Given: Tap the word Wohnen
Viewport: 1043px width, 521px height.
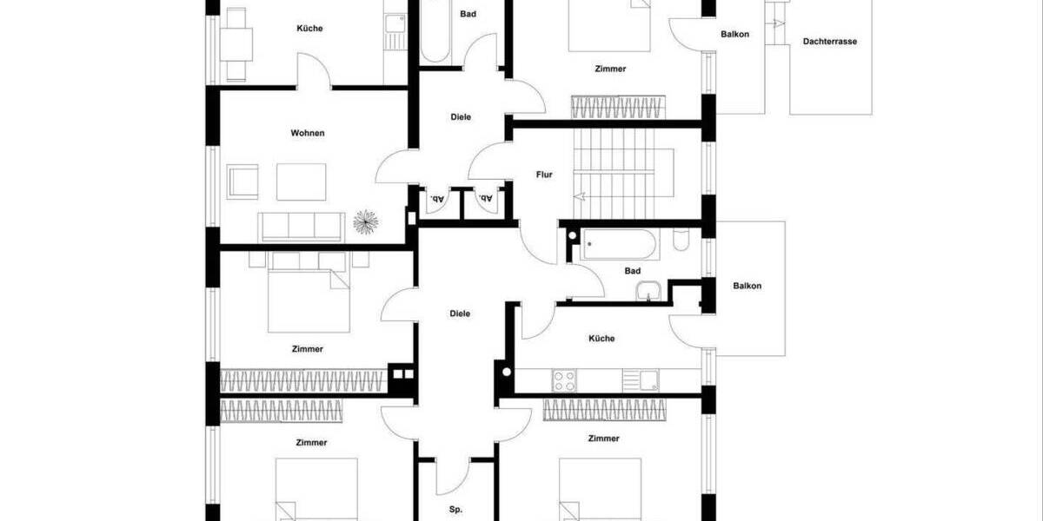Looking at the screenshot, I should pyautogui.click(x=308, y=133).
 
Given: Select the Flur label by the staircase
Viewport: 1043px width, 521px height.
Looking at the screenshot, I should pyautogui.click(x=544, y=175).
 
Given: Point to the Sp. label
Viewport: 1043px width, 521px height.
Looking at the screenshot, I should pyautogui.click(x=456, y=510).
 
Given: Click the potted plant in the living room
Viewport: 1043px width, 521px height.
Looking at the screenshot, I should pyautogui.click(x=366, y=224).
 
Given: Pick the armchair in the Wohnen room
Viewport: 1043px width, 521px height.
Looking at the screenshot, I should pyautogui.click(x=242, y=182).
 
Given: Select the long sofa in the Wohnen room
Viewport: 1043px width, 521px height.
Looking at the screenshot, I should pyautogui.click(x=300, y=227).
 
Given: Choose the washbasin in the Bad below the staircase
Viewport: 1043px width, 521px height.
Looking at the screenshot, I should pyautogui.click(x=648, y=292).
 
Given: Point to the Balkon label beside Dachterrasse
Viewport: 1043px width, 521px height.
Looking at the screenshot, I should pyautogui.click(x=735, y=35).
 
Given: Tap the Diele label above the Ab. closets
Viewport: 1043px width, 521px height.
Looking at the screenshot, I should pyautogui.click(x=461, y=116).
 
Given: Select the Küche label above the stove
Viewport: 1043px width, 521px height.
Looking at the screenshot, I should pyautogui.click(x=601, y=339).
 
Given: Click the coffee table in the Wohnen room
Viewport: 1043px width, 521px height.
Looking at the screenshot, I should pyautogui.click(x=302, y=181).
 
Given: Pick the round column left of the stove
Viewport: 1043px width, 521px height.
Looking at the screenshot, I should pyautogui.click(x=506, y=375).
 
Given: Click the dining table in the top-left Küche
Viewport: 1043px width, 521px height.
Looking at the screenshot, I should pyautogui.click(x=236, y=41).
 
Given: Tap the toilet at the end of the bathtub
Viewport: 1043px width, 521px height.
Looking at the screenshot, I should pyautogui.click(x=682, y=239).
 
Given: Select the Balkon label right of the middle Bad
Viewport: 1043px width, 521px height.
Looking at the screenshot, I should pyautogui.click(x=747, y=286).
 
